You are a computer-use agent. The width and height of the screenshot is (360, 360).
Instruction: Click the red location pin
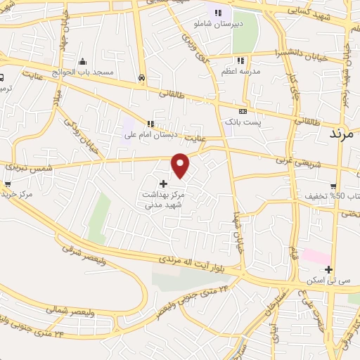click(x=181, y=164)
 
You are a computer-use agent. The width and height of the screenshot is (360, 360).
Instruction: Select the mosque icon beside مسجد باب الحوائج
click(x=82, y=60)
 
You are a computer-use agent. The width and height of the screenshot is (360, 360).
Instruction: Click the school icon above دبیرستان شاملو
click(x=218, y=13)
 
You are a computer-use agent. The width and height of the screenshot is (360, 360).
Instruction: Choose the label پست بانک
click(x=243, y=122)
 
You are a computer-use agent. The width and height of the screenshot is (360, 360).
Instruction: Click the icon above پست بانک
click(x=243, y=111)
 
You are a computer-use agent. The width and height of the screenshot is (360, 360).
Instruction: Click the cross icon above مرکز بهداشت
click(x=164, y=183)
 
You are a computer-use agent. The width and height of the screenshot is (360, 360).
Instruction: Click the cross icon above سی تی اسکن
click(x=328, y=269)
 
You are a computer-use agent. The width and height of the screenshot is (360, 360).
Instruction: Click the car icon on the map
click(x=142, y=78)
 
